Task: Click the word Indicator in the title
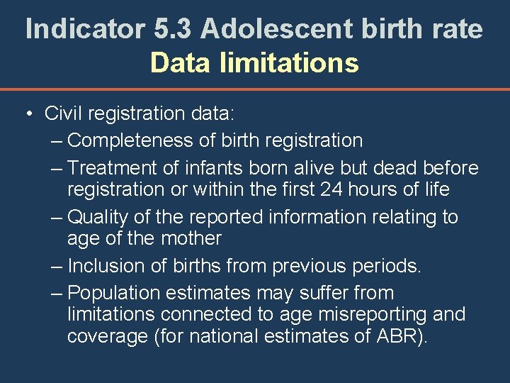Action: click(x=85, y=29)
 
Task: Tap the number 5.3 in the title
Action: click(x=173, y=29)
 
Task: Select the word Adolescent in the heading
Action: click(x=276, y=29)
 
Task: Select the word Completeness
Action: click(x=132, y=140)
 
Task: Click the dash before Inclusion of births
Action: click(x=57, y=266)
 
